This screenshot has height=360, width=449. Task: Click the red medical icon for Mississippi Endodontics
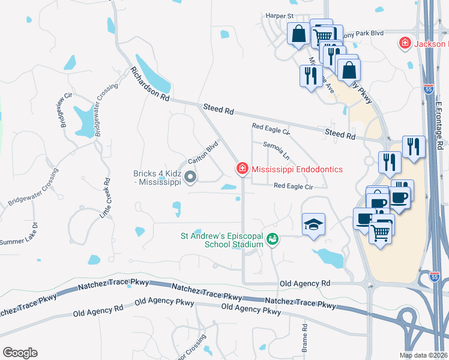(x=243, y=170)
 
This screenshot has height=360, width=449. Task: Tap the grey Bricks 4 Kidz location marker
(x=190, y=176)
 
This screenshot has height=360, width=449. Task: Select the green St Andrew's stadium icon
(x=273, y=239)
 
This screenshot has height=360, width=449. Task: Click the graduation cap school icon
(x=313, y=224)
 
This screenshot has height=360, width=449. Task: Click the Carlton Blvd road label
(x=202, y=152)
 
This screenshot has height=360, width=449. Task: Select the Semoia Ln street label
(x=277, y=151)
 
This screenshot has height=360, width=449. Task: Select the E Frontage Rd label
(x=439, y=126)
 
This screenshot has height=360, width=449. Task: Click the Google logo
(x=20, y=352)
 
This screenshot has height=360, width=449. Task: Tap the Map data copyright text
(x=424, y=355)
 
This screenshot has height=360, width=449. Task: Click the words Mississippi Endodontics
(x=297, y=170)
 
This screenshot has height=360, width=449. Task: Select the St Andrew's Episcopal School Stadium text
(x=223, y=240)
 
